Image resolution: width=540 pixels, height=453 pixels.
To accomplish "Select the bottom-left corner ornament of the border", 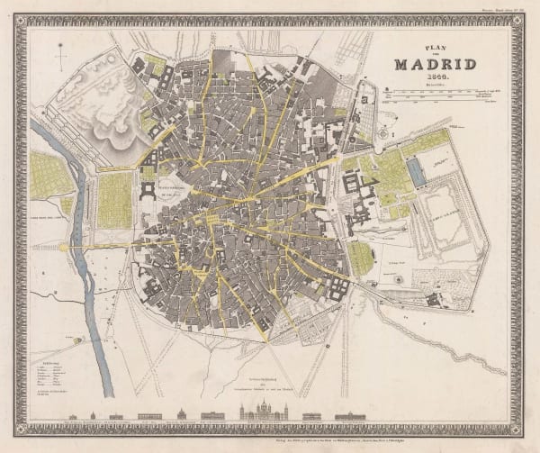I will (21, 430).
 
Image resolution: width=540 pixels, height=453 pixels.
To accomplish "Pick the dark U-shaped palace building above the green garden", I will (148, 191).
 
